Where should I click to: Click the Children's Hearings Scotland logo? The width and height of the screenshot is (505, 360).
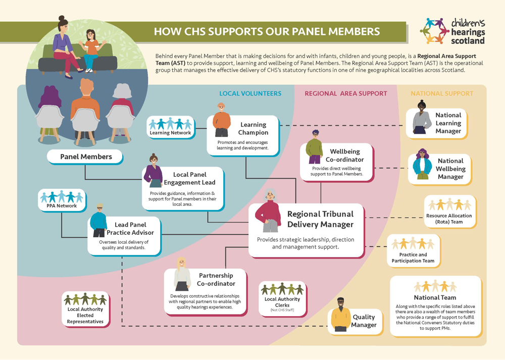(x=452, y=31)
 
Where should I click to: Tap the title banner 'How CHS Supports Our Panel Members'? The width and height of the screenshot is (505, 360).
(x=266, y=32)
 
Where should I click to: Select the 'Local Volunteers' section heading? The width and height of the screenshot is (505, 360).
(x=250, y=93)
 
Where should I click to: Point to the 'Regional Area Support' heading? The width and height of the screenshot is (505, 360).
(x=346, y=93)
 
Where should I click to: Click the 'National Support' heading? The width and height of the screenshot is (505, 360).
(x=442, y=93)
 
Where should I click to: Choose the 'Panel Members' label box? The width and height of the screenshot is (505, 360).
(x=86, y=157)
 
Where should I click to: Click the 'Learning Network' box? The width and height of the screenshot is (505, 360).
(x=170, y=127)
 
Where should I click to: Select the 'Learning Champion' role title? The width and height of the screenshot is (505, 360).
(x=253, y=129)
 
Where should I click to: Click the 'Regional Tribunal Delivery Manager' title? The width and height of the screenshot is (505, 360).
(x=320, y=219)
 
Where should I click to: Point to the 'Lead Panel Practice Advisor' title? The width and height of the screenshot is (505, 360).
(x=130, y=229)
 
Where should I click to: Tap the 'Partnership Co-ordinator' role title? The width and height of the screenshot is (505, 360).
(x=216, y=279)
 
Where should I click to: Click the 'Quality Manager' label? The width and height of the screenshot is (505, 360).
(x=364, y=321)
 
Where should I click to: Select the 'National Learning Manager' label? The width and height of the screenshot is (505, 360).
(x=448, y=123)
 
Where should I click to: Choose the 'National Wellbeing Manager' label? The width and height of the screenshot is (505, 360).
(x=450, y=169)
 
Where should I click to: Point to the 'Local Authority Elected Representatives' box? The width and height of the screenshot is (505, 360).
(x=85, y=308)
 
